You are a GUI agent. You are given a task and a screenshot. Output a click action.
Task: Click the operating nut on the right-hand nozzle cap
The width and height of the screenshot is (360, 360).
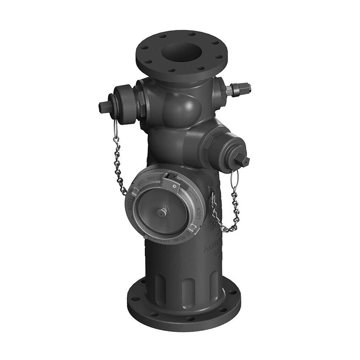[x=244, y=160]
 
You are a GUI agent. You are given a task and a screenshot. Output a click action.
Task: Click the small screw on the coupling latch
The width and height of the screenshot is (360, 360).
[x=174, y=186]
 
